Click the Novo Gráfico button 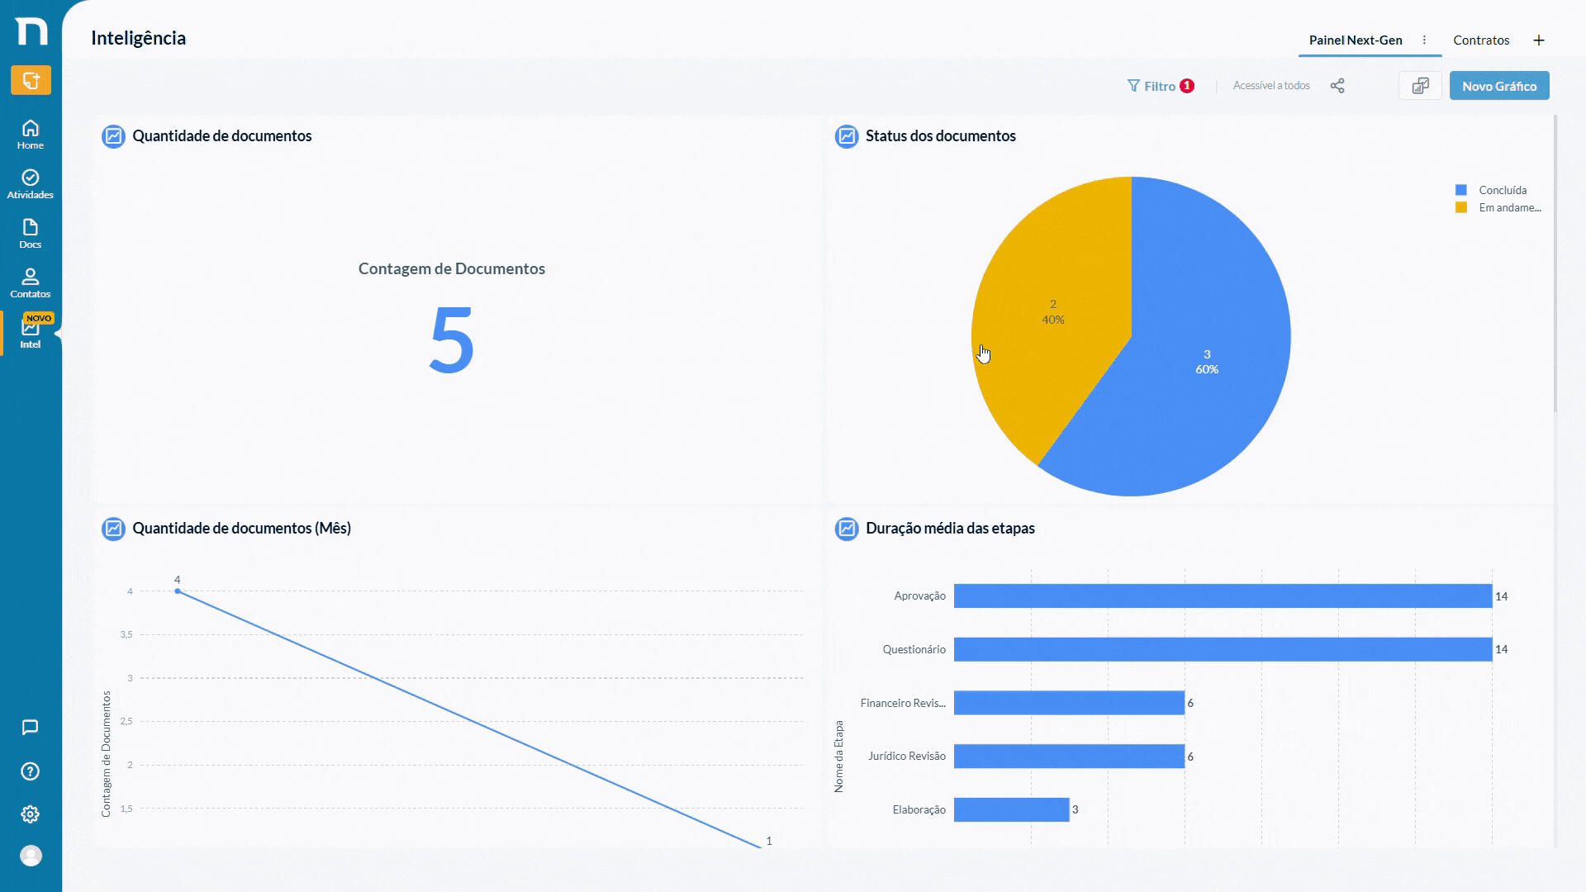[1499, 86]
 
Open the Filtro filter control [1161, 86]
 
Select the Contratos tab [1481, 40]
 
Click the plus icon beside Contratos [1539, 40]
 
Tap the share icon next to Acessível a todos [1337, 86]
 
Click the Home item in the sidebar [31, 134]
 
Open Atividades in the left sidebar [31, 183]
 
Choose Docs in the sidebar [31, 233]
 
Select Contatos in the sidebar [31, 282]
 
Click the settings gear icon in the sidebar [31, 814]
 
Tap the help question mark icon [31, 771]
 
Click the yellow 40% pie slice [1053, 314]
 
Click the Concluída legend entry [1492, 190]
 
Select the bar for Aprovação [1223, 595]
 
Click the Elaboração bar [1011, 809]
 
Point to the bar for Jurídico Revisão [1069, 756]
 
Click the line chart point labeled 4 [178, 591]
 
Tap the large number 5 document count [452, 340]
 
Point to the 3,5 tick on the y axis [126, 634]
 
